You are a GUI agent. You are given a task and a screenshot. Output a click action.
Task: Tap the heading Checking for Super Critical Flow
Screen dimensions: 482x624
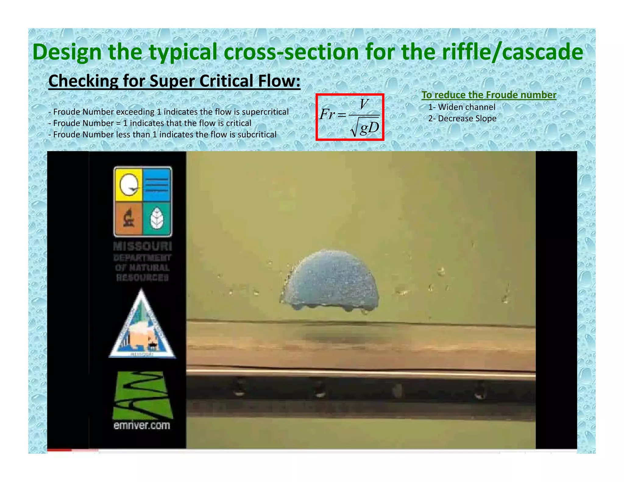(x=174, y=81)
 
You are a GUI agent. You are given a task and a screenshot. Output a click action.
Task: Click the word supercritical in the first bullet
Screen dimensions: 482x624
(x=265, y=112)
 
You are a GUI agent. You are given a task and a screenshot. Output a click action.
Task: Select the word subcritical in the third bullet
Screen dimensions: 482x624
(x=257, y=134)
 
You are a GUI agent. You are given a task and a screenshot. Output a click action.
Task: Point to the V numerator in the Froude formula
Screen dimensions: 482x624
(x=364, y=105)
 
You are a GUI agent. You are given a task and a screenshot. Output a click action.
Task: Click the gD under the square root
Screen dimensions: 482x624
(x=369, y=128)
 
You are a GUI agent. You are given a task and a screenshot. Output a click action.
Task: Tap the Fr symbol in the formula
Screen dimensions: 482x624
(x=328, y=115)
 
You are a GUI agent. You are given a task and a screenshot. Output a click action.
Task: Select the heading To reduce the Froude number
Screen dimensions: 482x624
(x=489, y=95)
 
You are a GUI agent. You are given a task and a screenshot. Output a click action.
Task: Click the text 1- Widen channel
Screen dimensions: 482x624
(x=462, y=107)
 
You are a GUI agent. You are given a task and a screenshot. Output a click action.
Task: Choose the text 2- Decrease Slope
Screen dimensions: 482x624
(x=462, y=119)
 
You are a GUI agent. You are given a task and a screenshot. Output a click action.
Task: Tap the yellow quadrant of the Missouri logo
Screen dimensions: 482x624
(x=128, y=185)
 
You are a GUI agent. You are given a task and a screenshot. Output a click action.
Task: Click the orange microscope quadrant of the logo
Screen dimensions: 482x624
(x=129, y=219)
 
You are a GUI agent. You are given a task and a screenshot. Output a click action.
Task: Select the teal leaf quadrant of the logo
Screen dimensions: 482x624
(x=157, y=219)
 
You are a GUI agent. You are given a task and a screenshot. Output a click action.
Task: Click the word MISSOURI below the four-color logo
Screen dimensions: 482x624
(x=142, y=246)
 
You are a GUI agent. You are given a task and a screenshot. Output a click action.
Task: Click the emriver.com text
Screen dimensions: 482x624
(x=142, y=425)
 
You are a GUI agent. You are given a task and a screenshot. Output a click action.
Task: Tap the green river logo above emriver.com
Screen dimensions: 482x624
(x=142, y=395)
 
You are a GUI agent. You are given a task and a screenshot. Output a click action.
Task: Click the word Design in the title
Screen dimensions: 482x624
(x=67, y=52)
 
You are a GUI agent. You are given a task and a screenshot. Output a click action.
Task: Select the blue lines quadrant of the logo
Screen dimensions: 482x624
(x=157, y=185)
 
